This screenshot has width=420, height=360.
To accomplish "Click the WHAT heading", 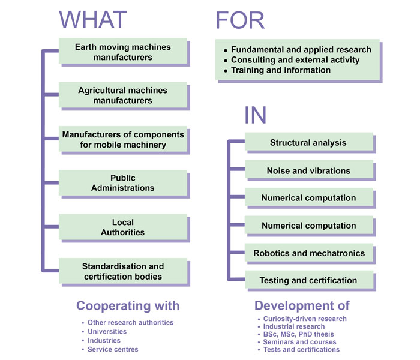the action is click(92, 20).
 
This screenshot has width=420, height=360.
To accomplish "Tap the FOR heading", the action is click(240, 20).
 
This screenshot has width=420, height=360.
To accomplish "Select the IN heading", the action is click(255, 115).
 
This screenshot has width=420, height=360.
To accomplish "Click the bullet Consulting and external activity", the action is click(292, 60).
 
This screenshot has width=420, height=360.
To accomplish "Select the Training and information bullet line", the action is click(277, 70).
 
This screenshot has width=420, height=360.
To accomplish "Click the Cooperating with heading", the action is click(128, 306).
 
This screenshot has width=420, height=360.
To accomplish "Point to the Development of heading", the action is click(302, 305).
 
